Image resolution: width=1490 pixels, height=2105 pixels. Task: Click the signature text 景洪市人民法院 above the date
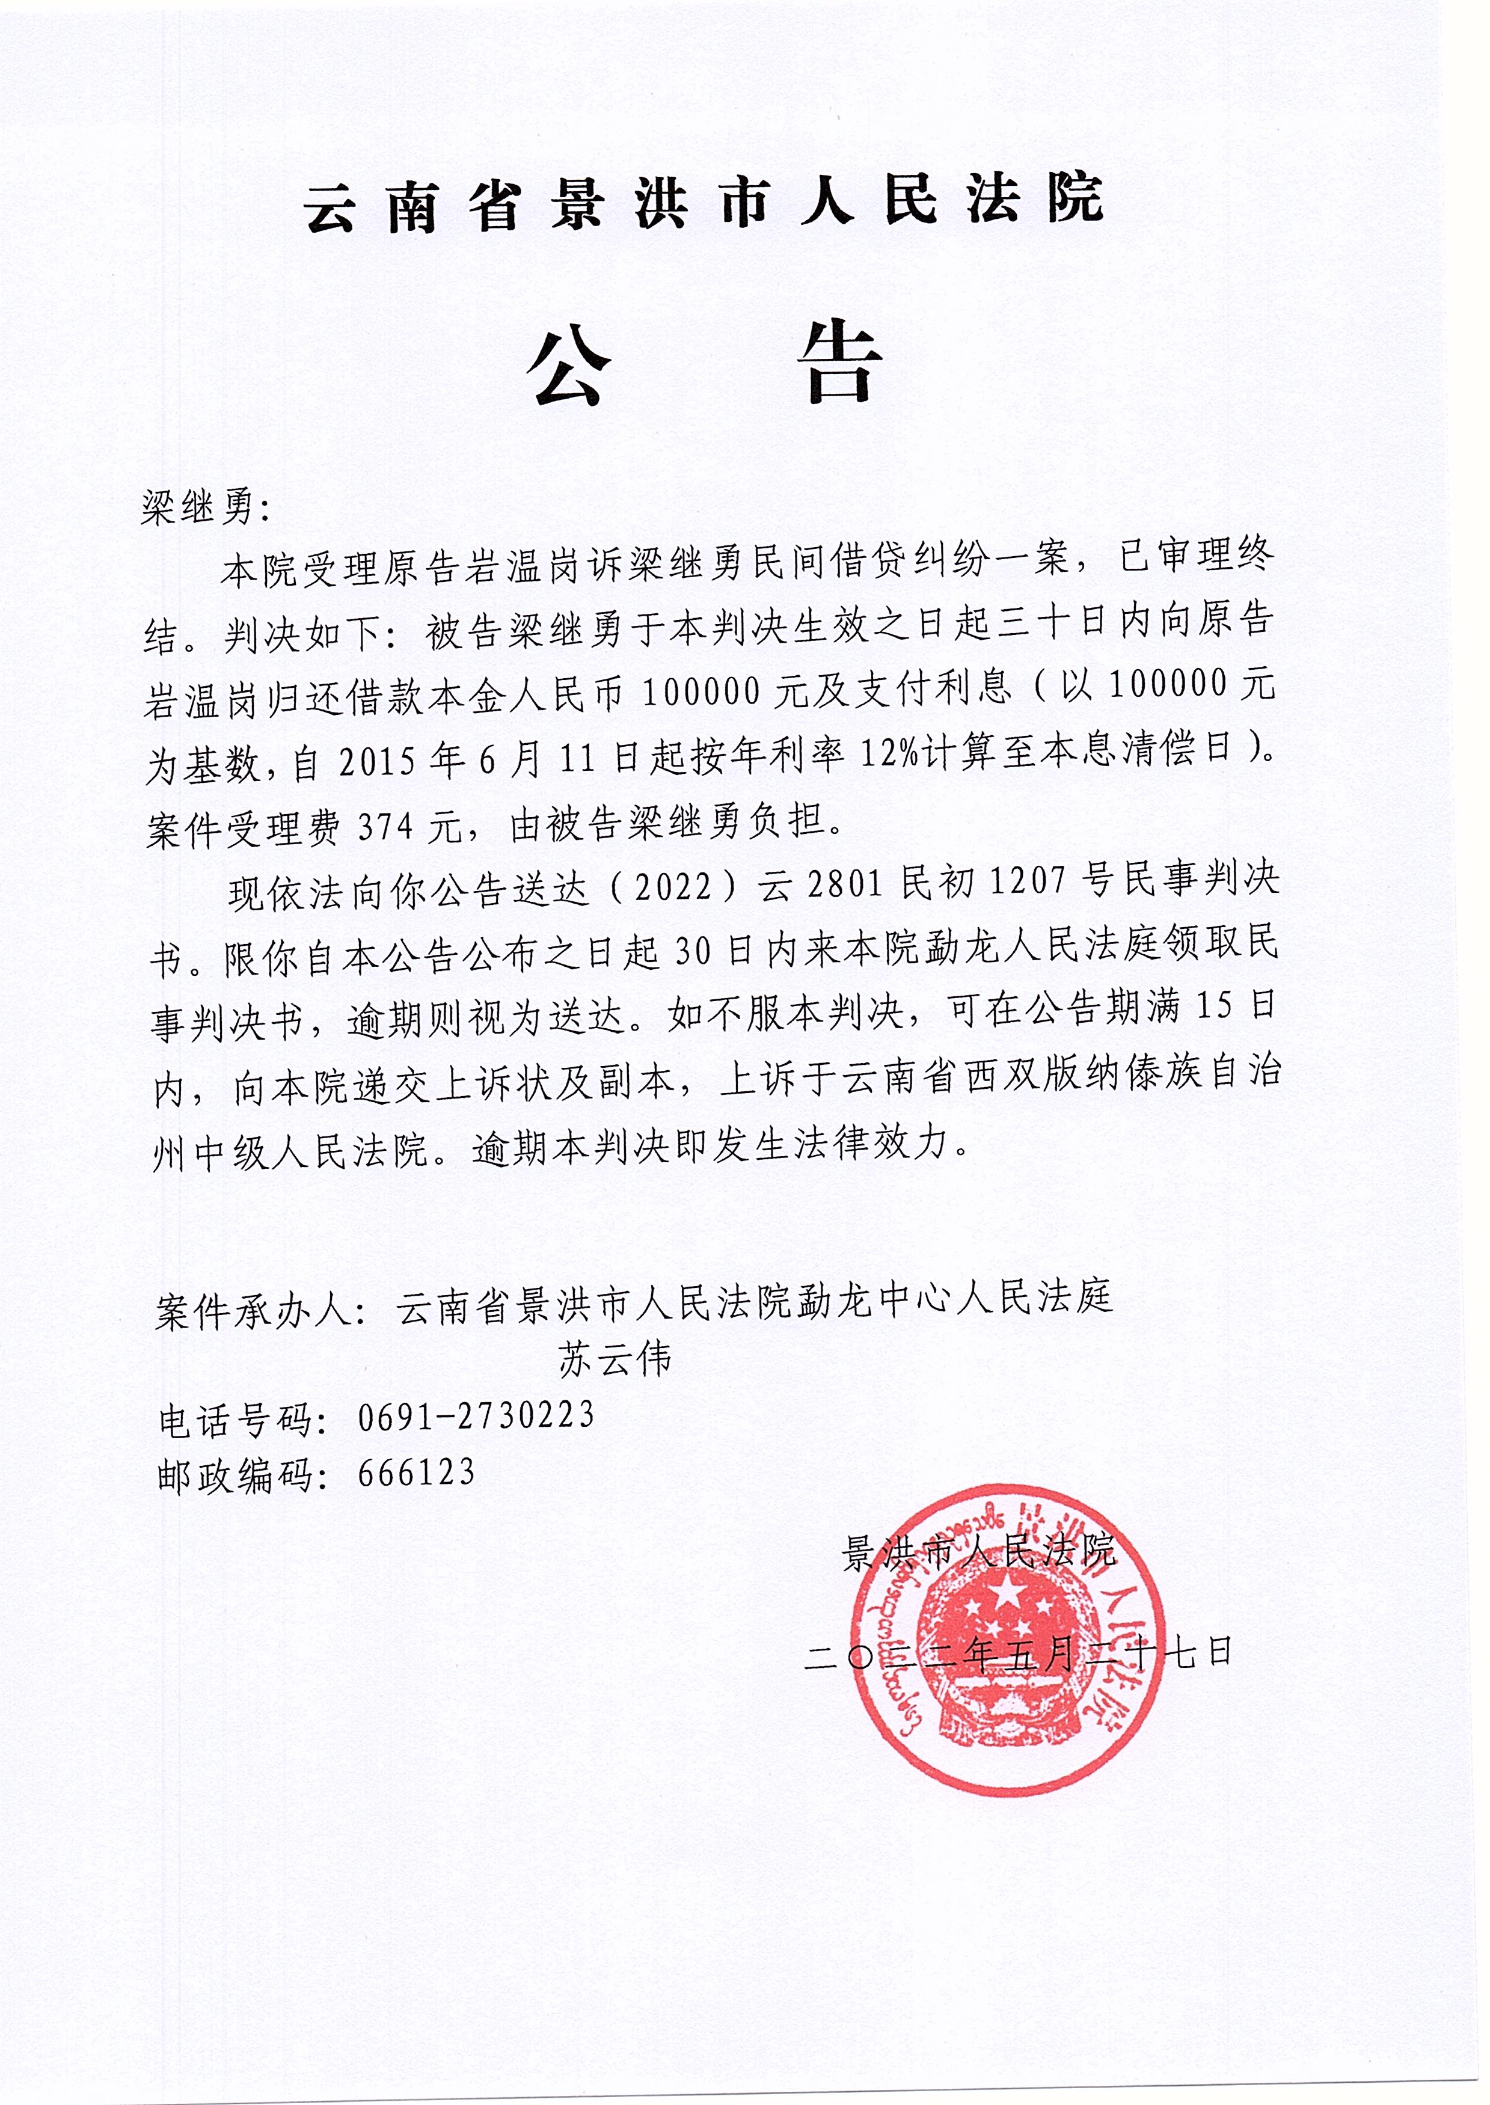(978, 1551)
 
